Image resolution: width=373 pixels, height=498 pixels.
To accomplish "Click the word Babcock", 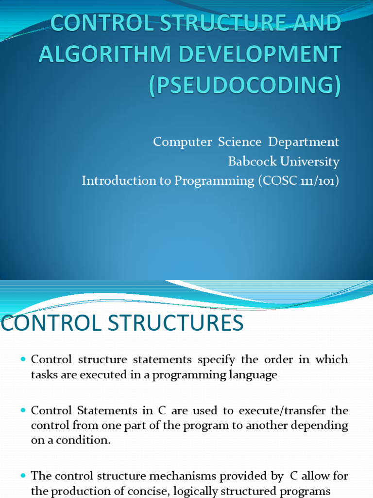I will pos(248,161).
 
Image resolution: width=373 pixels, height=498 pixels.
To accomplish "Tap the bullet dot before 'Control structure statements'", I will pos(23,360).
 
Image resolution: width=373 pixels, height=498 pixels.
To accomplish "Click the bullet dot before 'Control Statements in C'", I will pos(23,411).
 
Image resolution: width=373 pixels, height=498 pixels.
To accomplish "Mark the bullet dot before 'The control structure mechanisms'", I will pos(23,476).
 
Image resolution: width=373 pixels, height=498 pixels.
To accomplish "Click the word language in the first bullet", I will pos(253,375).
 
